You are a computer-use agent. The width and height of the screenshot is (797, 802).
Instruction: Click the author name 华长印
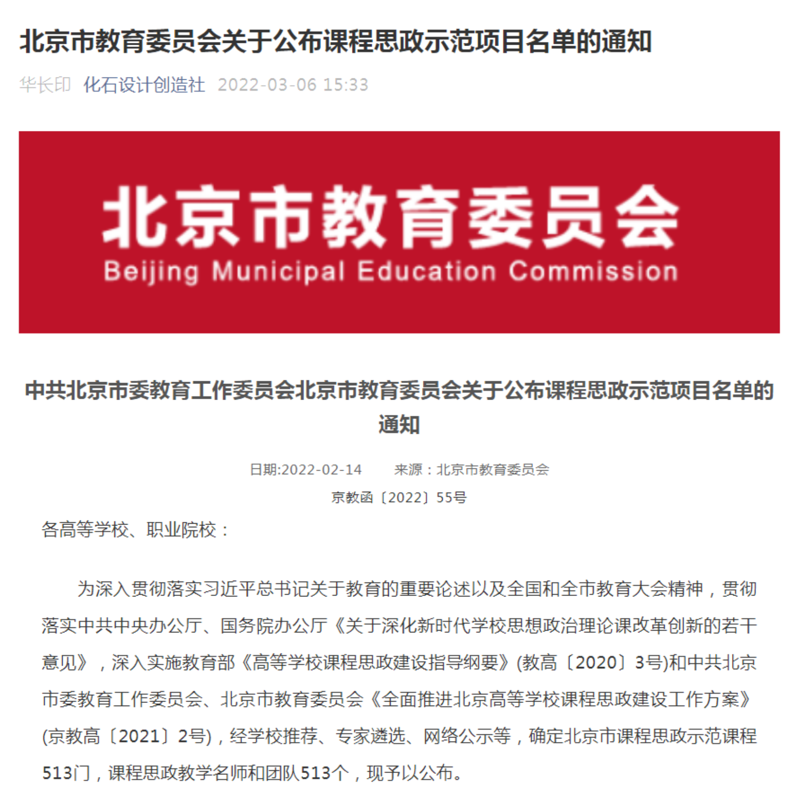(45, 85)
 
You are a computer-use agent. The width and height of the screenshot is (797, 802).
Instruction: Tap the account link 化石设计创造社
(144, 85)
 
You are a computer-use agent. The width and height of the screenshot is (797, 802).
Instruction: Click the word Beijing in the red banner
(151, 271)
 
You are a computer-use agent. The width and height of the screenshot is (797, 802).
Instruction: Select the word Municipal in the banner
(278, 271)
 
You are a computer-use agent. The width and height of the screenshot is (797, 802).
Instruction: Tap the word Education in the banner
(427, 271)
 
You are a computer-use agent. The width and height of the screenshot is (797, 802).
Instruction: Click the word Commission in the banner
(593, 271)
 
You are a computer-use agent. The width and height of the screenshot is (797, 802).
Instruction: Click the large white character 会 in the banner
(648, 217)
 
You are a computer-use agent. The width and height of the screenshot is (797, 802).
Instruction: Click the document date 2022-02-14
(322, 470)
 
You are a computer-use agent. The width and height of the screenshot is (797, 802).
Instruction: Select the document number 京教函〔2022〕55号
(399, 498)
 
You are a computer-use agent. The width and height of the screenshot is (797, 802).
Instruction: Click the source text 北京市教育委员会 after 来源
(493, 470)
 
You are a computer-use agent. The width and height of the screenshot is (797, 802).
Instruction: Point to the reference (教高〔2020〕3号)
(592, 663)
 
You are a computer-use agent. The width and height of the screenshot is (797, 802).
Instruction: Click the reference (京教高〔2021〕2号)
(127, 737)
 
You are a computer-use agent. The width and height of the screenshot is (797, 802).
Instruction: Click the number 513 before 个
(316, 773)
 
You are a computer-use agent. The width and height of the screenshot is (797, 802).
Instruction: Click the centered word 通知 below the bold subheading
(399, 425)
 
